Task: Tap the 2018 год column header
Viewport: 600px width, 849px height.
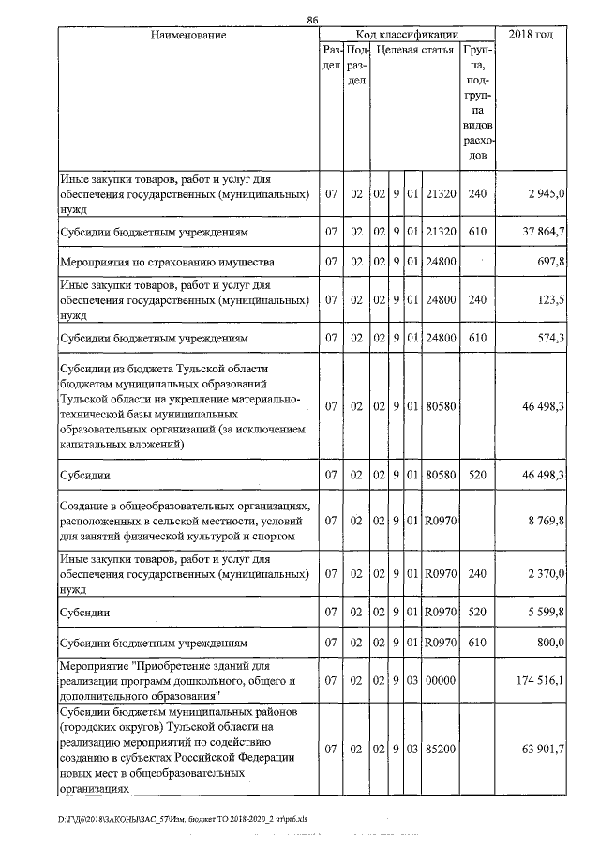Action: point(531,35)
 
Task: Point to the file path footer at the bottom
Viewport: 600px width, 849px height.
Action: point(182,819)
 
